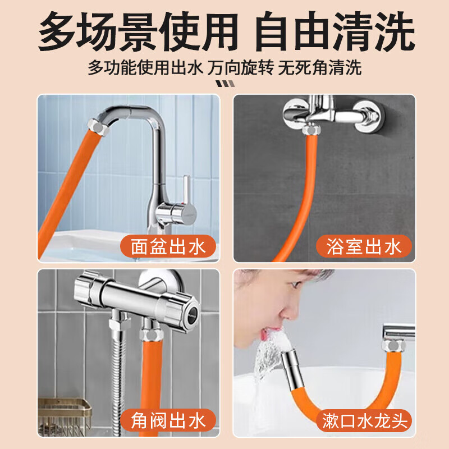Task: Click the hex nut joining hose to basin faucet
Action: [98, 130]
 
